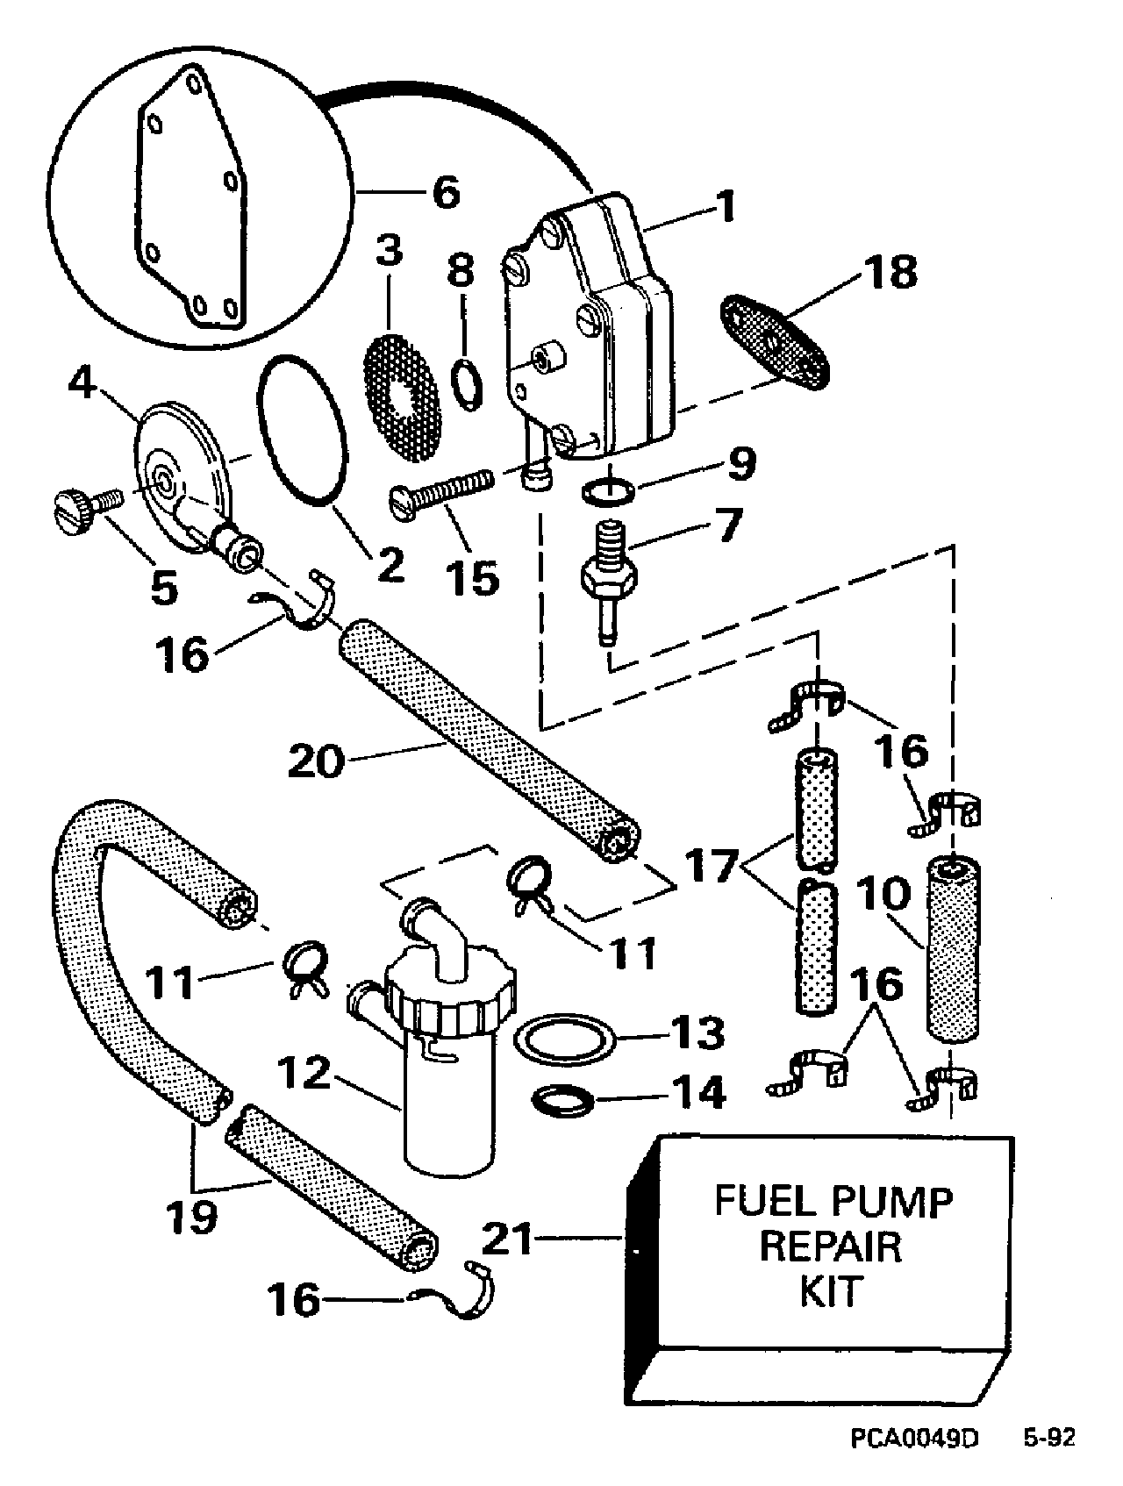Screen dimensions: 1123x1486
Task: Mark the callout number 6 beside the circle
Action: pos(447,191)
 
